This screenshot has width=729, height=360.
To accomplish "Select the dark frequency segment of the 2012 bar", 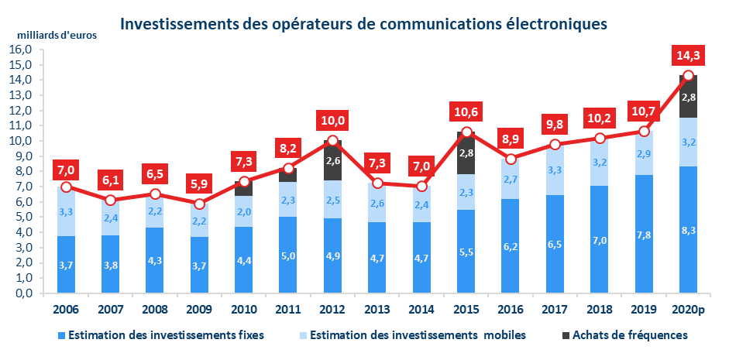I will point(333,161).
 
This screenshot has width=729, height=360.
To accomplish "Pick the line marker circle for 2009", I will point(199,204).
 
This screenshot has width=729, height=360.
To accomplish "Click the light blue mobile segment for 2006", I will point(66,211).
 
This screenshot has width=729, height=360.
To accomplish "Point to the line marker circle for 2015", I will point(466,132).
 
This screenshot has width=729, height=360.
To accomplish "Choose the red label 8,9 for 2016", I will point(511,140).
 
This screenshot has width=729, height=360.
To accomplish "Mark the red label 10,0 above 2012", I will point(333,121).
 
